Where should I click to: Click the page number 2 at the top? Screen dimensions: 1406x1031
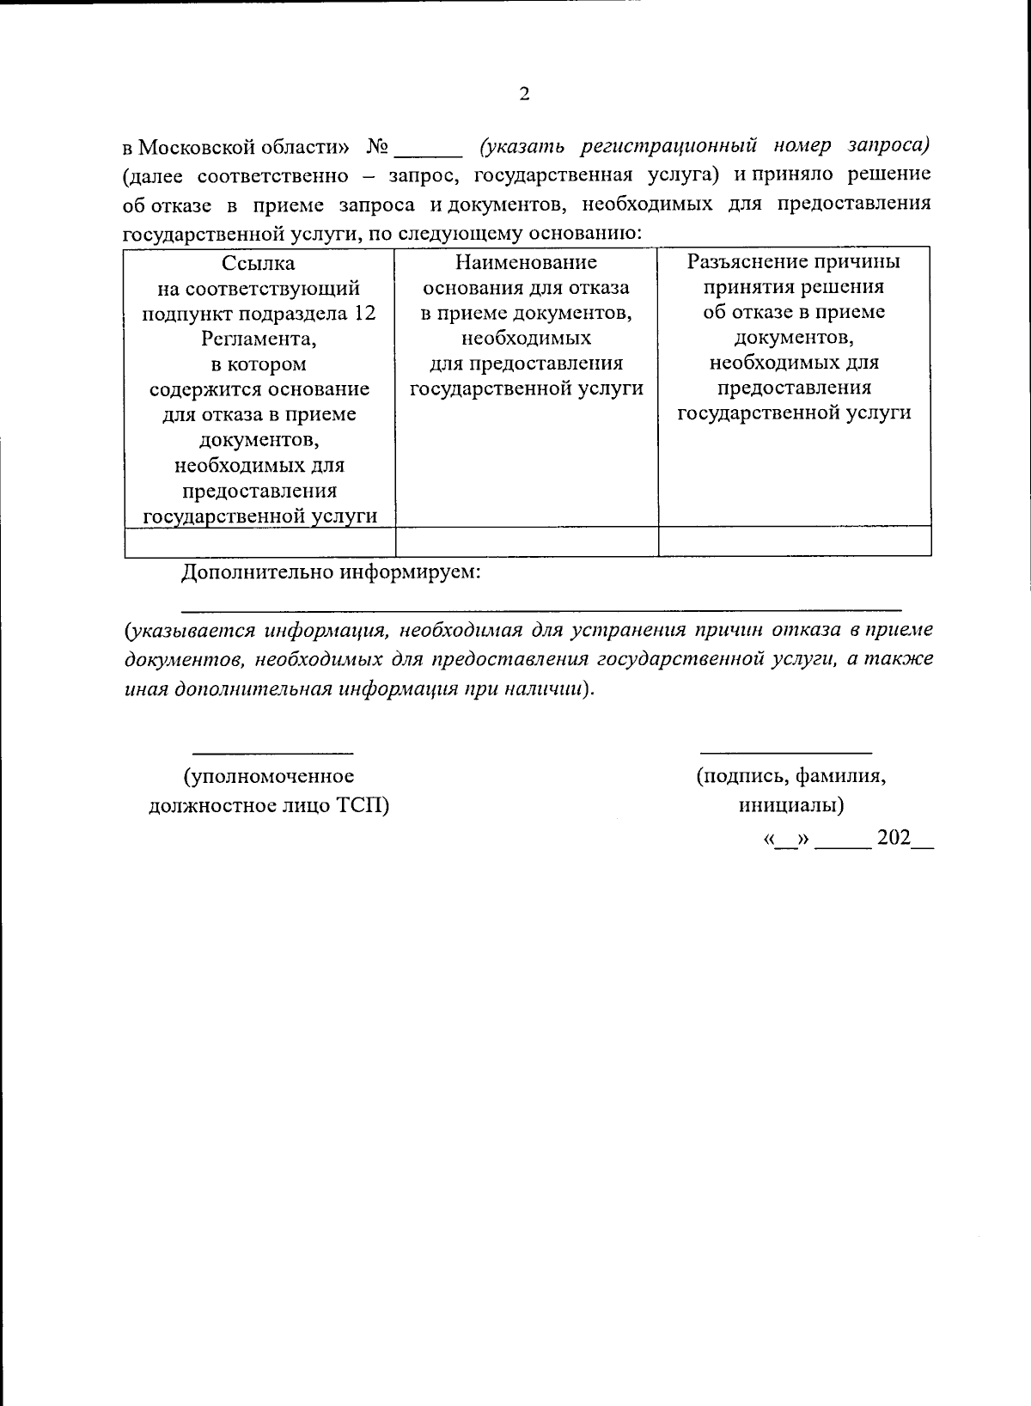point(524,95)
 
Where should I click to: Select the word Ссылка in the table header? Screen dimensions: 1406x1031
point(259,263)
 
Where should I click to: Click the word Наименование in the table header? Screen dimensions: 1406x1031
point(526,262)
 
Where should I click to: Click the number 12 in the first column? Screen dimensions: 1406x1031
point(364,314)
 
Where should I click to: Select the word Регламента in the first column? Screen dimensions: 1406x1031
point(259,339)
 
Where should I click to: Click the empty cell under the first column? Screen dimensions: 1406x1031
point(259,541)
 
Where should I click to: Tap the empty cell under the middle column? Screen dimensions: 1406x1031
point(527,541)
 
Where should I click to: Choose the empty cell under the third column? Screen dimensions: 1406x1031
point(795,541)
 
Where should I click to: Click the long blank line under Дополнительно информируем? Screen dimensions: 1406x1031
point(541,608)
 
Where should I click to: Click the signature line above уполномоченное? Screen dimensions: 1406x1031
point(271,751)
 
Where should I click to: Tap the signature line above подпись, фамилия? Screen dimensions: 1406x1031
point(786,751)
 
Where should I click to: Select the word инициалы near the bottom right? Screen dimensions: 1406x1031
point(788,806)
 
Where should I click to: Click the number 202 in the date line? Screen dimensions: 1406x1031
point(894,839)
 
